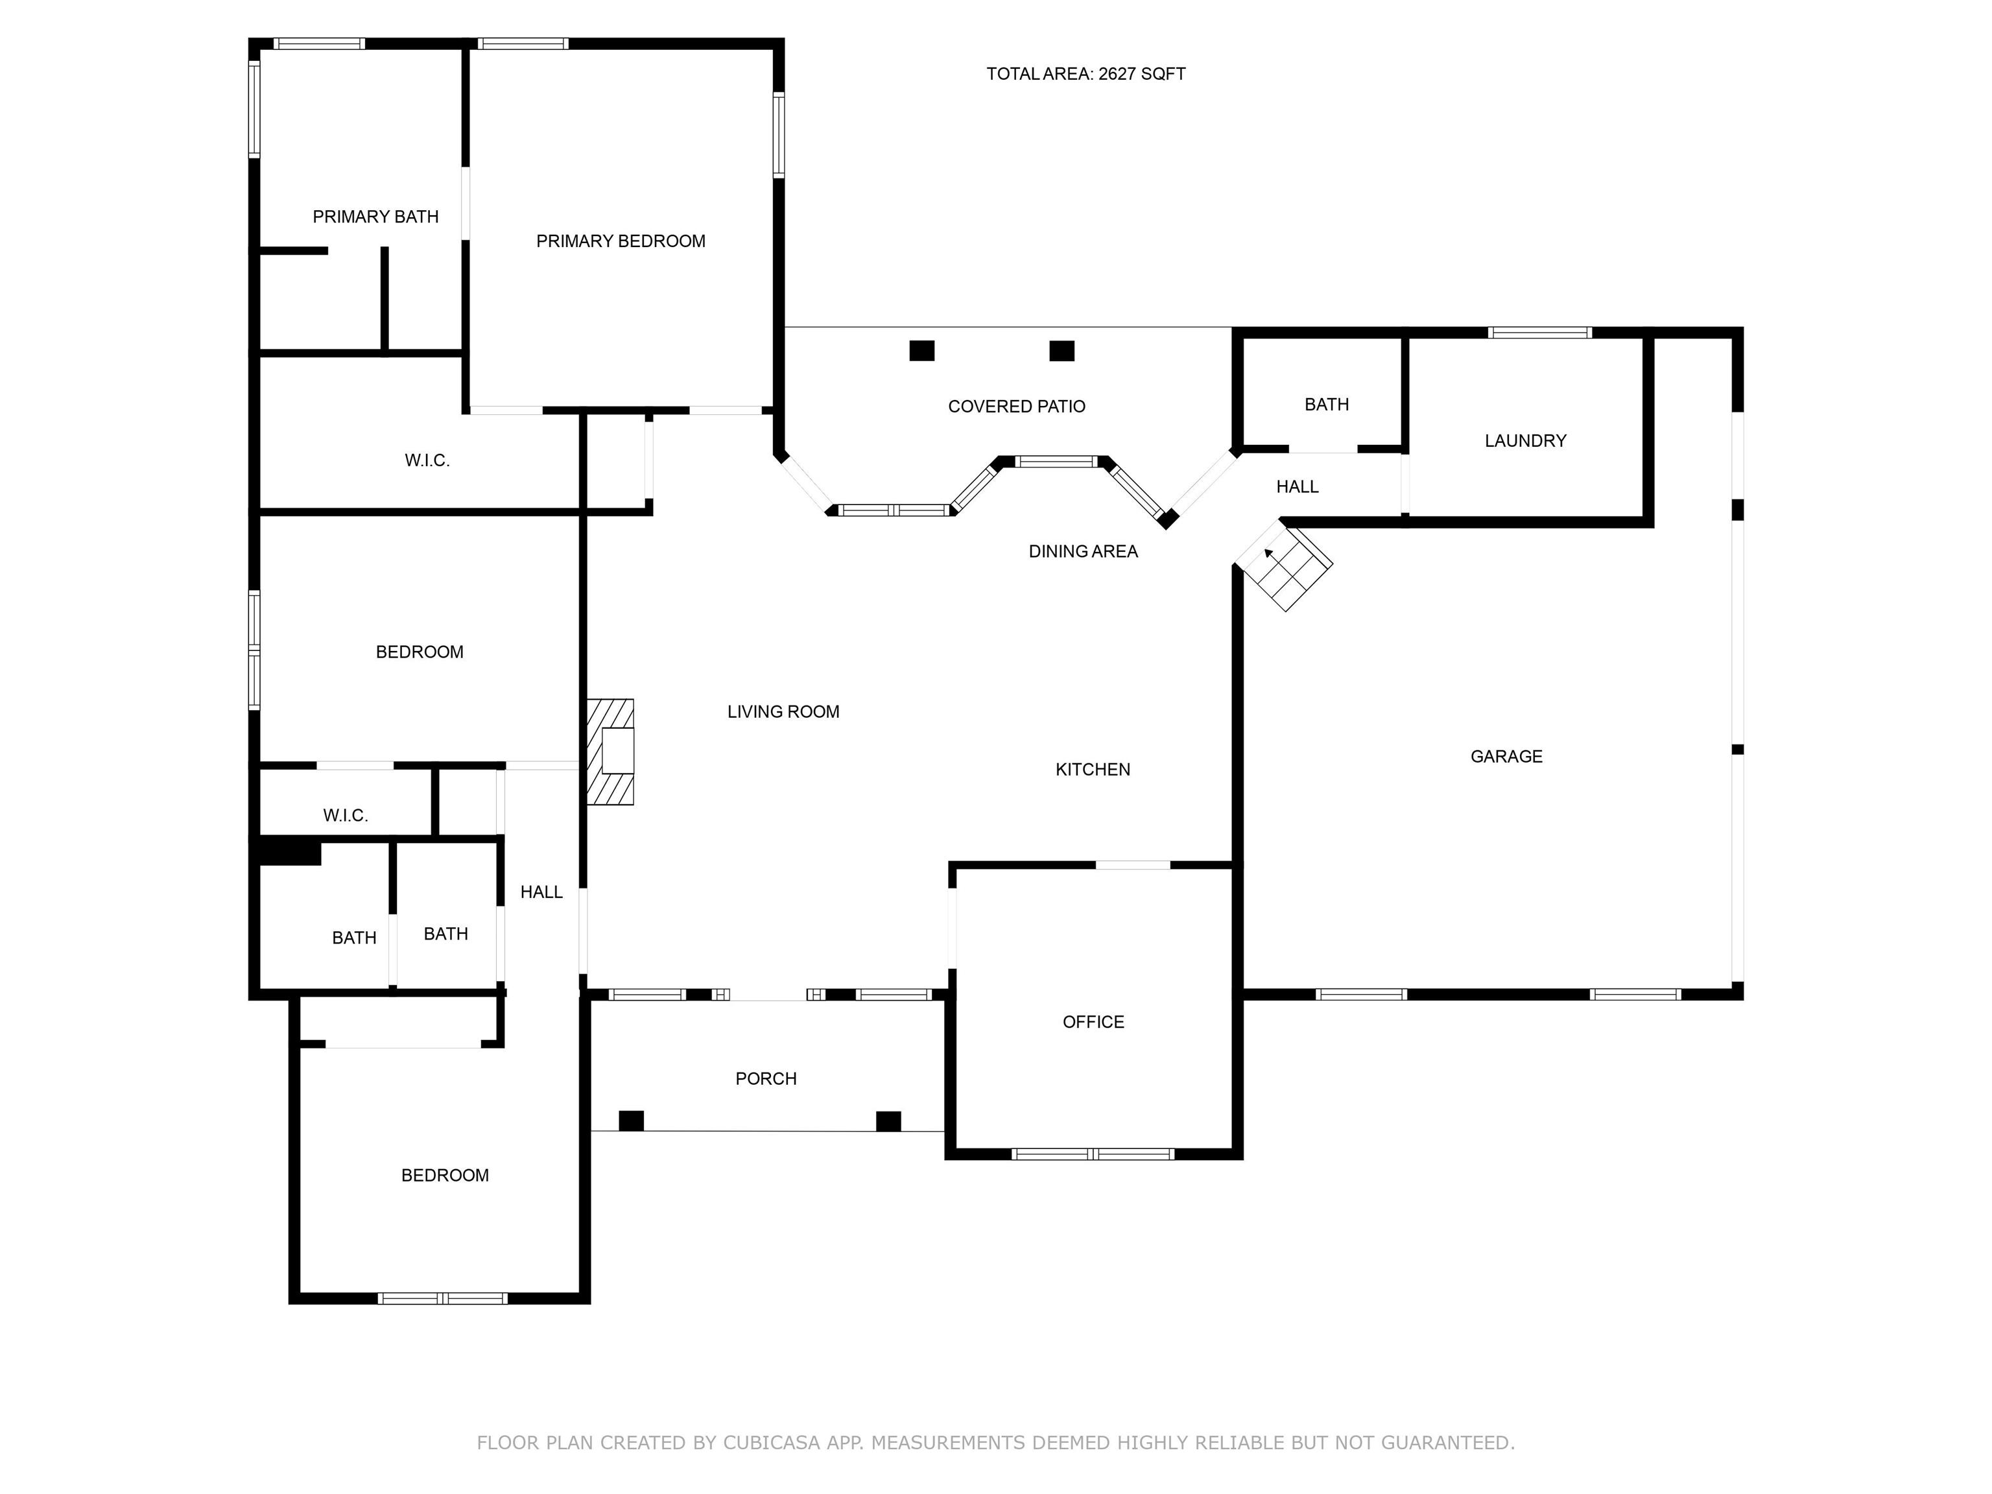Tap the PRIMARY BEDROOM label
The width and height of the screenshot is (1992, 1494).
621,241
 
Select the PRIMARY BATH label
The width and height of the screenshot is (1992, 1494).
375,217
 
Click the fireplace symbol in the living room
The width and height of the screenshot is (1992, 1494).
611,751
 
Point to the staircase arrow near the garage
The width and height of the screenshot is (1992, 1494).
1269,553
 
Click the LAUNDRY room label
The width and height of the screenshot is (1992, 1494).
1526,442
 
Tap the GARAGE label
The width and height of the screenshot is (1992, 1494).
1506,757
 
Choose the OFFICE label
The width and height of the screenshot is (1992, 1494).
1093,1022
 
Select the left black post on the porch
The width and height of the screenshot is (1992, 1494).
632,1121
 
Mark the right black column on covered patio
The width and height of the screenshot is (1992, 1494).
1061,350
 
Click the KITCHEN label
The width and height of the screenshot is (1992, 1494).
1093,770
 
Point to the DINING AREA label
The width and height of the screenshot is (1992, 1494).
1084,552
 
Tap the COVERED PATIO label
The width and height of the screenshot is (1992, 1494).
1017,407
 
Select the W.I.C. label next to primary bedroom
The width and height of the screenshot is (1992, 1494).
427,461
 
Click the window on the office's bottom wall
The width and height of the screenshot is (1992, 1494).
1093,1154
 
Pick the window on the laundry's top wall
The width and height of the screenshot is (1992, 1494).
1540,332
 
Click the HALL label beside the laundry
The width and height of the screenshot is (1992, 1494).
1297,487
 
